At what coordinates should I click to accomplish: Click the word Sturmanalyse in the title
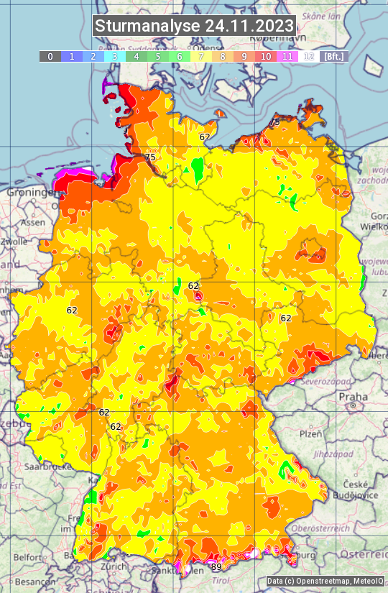point(147,26)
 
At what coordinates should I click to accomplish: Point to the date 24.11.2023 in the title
point(249,26)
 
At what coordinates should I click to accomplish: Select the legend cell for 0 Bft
point(50,56)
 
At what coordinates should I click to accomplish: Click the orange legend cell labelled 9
point(244,56)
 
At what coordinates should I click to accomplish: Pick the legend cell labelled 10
point(266,56)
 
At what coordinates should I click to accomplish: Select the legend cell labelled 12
point(309,56)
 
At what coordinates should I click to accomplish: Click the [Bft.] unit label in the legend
point(333,56)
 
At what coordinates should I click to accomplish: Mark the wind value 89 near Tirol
point(216,567)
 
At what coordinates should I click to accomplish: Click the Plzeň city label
point(310,434)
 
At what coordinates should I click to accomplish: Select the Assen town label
point(32,223)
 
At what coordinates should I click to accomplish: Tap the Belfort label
point(27,557)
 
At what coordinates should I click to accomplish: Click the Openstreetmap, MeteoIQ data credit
point(324,581)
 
